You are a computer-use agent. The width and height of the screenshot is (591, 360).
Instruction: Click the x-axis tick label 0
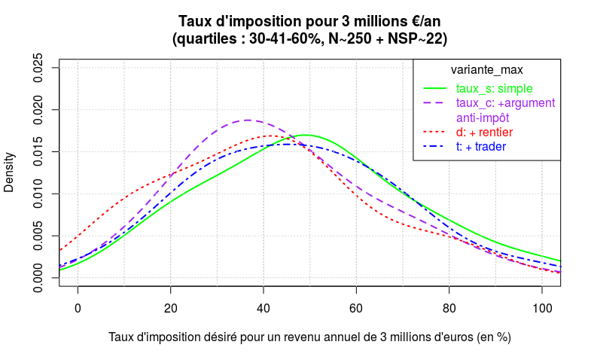coord(78,309)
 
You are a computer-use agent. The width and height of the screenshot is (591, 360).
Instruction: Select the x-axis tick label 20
coord(171,309)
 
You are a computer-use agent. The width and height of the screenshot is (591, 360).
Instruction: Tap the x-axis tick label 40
coord(264,309)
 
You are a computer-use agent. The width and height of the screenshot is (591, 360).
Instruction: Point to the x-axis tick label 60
coord(356,309)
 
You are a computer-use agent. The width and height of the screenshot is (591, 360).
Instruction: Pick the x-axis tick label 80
coord(449,309)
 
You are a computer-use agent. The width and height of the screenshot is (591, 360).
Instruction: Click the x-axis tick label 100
coord(542,309)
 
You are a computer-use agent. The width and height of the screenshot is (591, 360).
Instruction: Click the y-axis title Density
coord(9,172)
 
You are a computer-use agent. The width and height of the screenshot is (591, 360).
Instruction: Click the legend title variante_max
coord(486,70)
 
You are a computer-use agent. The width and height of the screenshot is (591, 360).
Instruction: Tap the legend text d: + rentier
coord(484,133)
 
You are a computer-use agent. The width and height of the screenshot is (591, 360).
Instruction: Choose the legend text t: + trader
coord(481,147)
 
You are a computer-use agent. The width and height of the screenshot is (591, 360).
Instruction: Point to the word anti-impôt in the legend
coord(483,117)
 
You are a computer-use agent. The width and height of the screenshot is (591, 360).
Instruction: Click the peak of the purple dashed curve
coord(248,120)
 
